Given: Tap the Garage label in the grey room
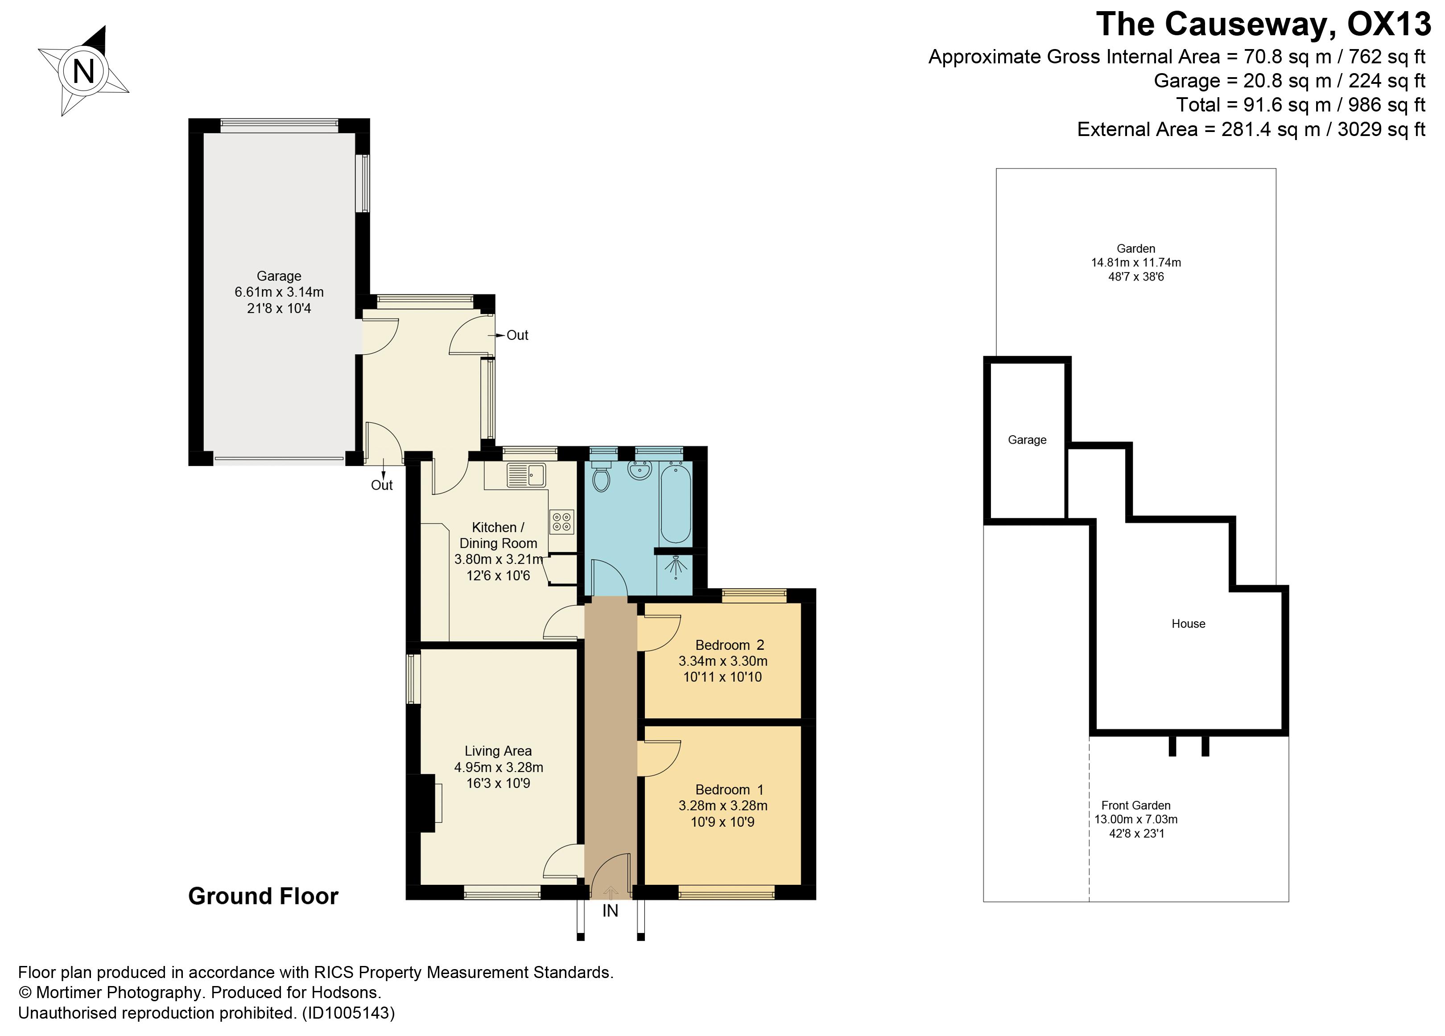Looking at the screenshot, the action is click(279, 276).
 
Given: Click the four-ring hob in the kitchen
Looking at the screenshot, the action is click(562, 522).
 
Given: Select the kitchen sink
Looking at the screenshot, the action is click(526, 475).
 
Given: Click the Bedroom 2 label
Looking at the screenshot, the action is click(730, 645).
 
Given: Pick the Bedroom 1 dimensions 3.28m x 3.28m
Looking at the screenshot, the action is click(722, 805).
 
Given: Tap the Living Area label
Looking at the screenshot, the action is click(498, 751).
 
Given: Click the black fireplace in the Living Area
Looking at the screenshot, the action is click(421, 803).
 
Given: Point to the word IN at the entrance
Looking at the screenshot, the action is click(611, 911).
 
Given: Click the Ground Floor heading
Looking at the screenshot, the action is click(263, 896).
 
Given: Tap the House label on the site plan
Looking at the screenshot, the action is click(1188, 624).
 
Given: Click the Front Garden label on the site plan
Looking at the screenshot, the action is click(1136, 805).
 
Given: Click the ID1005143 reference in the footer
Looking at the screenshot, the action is click(348, 1013).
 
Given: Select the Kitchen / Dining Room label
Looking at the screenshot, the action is click(498, 535).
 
